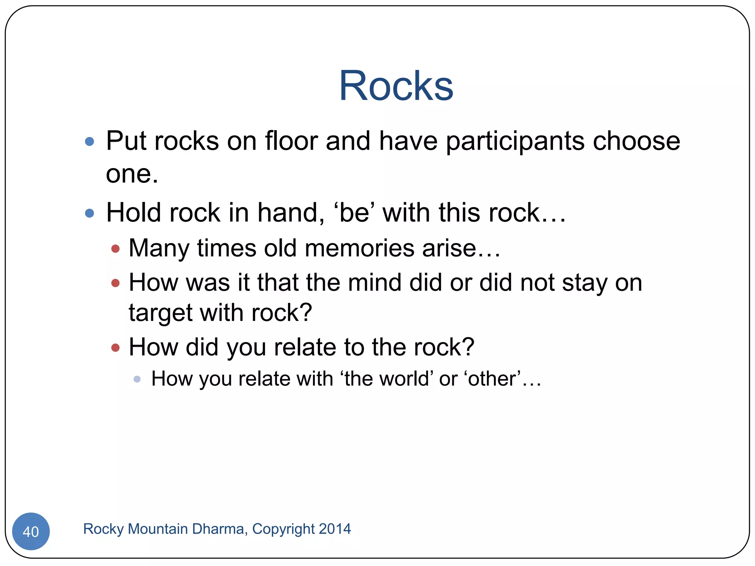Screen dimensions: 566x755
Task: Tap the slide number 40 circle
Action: [x=31, y=531]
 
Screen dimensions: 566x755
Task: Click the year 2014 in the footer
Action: [x=335, y=529]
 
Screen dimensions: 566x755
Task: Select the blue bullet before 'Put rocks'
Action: [x=90, y=141]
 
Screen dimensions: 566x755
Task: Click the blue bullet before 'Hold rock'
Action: [x=90, y=213]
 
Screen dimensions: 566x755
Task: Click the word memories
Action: [x=359, y=248]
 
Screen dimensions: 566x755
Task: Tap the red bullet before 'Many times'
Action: [x=115, y=249]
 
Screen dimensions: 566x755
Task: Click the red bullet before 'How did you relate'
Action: [x=115, y=347]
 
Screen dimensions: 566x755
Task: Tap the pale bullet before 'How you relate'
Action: [x=137, y=379]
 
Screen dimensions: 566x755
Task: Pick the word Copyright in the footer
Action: [x=283, y=529]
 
